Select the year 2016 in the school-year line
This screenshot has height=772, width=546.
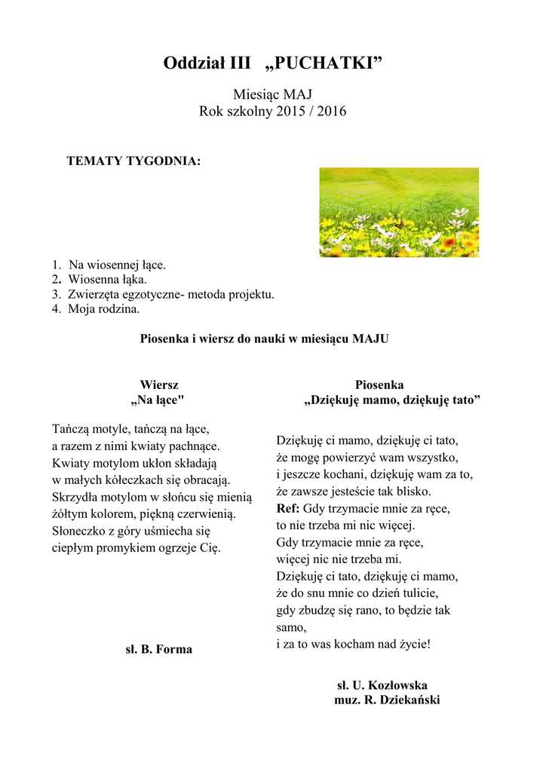[332, 112]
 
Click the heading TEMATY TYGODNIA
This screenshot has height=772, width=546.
[133, 161]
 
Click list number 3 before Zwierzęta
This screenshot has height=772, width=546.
[56, 294]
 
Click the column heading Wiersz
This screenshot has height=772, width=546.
[159, 384]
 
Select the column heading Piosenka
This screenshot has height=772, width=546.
[379, 384]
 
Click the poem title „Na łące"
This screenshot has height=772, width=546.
[158, 400]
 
